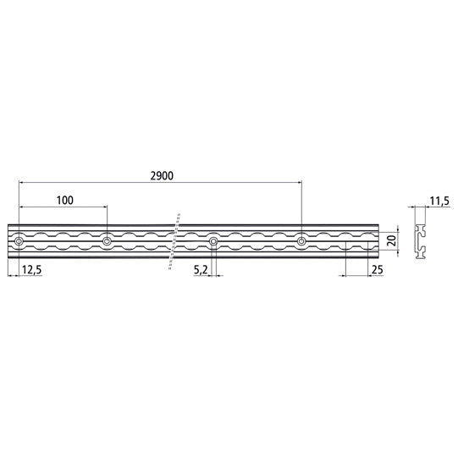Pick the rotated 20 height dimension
[x=390, y=241]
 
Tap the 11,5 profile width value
[x=439, y=201]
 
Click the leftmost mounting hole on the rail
[x=19, y=242]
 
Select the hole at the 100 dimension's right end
[x=107, y=242]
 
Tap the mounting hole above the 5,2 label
[x=213, y=242]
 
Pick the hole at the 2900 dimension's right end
[x=301, y=242]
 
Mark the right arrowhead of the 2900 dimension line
[x=299, y=182]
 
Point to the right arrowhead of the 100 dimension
[x=104, y=207]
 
